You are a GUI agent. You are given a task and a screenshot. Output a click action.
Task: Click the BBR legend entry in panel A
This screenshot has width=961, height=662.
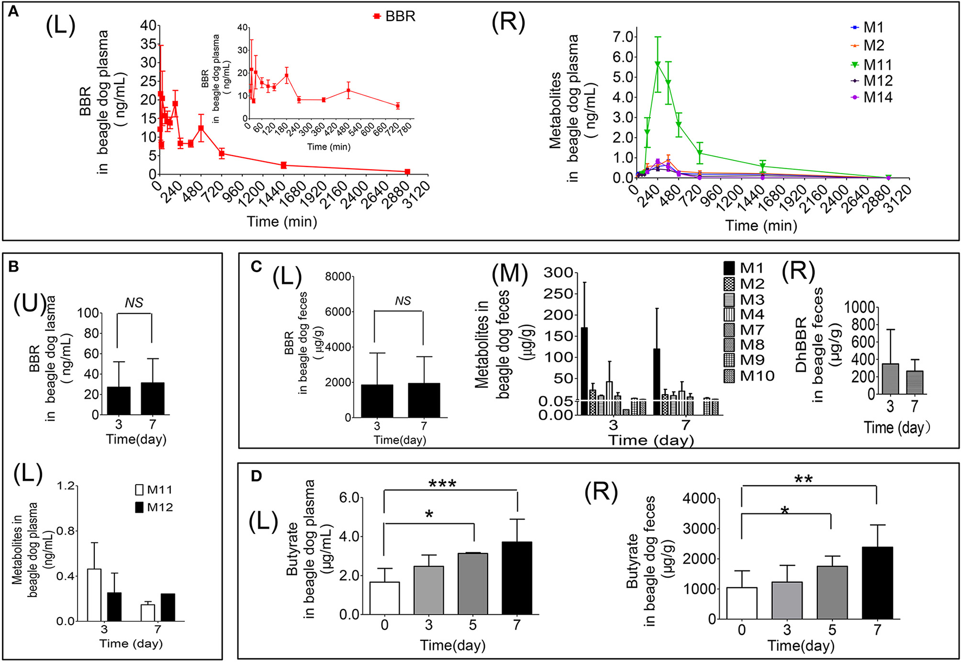394,16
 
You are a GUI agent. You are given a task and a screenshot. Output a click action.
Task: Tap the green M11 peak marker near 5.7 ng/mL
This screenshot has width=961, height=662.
657,64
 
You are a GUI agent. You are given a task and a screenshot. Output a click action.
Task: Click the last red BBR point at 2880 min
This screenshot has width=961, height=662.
407,171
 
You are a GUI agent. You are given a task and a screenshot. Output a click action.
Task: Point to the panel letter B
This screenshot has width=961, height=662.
15,266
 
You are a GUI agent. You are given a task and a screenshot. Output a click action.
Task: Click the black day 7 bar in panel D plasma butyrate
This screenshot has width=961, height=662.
516,577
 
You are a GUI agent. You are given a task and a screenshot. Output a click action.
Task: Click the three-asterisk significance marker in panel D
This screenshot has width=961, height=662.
442,484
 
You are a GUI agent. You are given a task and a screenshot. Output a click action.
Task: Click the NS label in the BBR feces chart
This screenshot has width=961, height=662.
402,301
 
